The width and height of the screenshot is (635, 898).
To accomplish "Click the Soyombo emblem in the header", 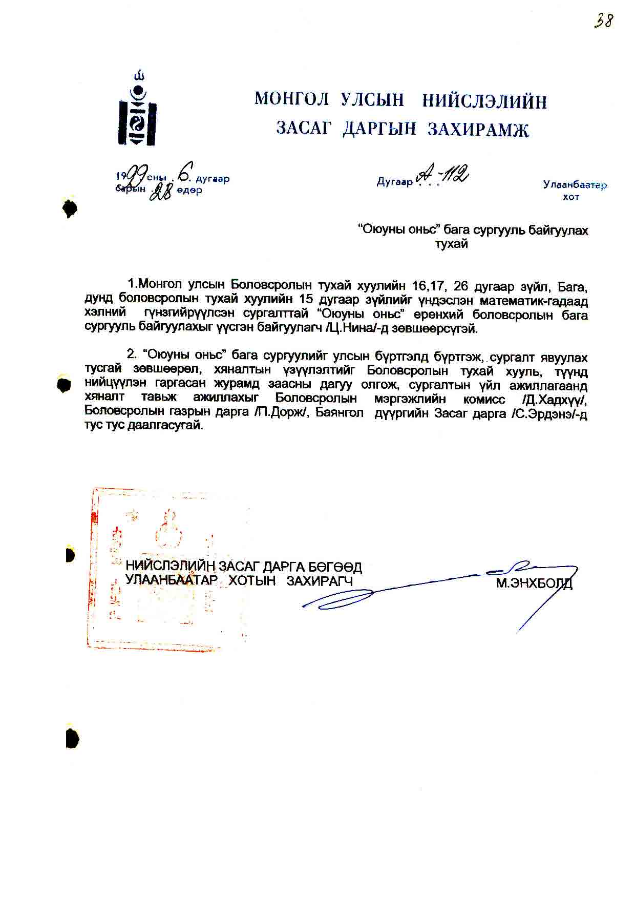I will pos(138,110).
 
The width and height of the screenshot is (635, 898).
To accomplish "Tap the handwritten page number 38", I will pos(604,20).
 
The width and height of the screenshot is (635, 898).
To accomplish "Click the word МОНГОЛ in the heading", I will pos(291,99).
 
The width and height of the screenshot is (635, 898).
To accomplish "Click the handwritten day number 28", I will pos(160,193).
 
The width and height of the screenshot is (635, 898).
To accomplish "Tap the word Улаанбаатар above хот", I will pos(575,185).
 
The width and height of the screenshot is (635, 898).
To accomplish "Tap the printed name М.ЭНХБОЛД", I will pos(534,583).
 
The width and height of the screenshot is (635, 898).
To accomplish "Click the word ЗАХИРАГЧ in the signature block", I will pos(320,581).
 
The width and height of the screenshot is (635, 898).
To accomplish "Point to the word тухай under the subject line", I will pos(451,244).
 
